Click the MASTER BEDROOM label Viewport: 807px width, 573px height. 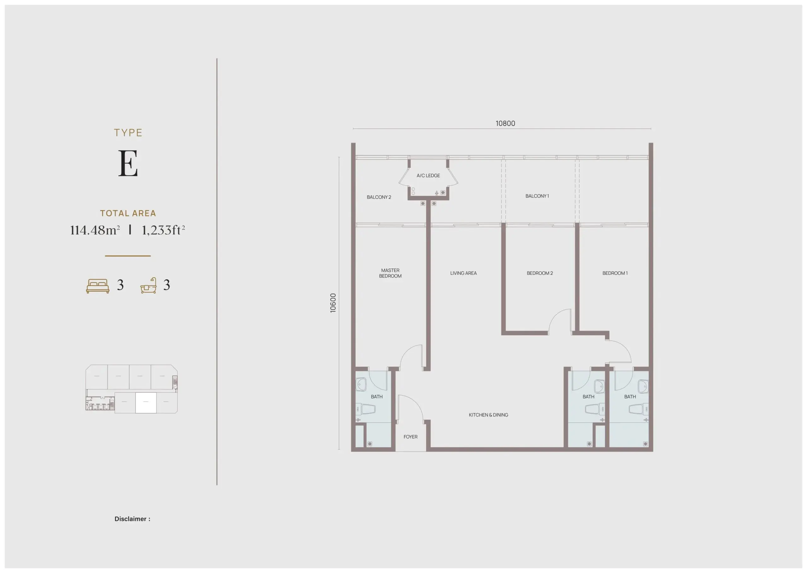pyautogui.click(x=390, y=273)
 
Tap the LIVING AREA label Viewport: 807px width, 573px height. pyautogui.click(x=463, y=273)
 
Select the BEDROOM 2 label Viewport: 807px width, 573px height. pyautogui.click(x=540, y=273)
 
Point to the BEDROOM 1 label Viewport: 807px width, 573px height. pyautogui.click(x=615, y=273)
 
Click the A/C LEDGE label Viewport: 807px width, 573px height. pyautogui.click(x=428, y=175)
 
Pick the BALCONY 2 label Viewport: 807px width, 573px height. pyautogui.click(x=379, y=197)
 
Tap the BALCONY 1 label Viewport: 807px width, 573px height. pyautogui.click(x=537, y=196)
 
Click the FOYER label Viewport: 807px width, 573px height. pyautogui.click(x=410, y=437)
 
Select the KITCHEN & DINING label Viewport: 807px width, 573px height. pyautogui.click(x=488, y=415)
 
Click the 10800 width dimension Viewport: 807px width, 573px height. pyautogui.click(x=505, y=123)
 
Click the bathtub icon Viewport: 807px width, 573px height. pyautogui.click(x=148, y=286)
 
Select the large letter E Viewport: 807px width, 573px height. pyautogui.click(x=128, y=163)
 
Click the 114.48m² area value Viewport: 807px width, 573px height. pyautogui.click(x=95, y=230)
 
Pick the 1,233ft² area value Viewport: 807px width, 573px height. pyautogui.click(x=163, y=230)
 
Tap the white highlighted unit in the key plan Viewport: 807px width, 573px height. pyautogui.click(x=146, y=402)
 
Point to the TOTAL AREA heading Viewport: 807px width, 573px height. pyautogui.click(x=128, y=213)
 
